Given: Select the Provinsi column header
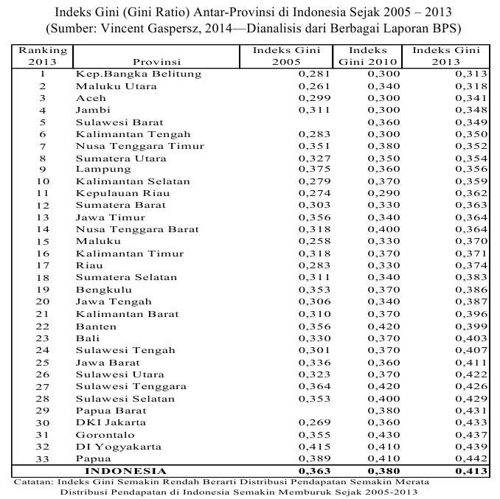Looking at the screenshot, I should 156,62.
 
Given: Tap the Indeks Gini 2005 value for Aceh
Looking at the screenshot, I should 314,98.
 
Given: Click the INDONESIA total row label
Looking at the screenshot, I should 126,470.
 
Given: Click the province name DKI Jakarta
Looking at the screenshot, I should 111,422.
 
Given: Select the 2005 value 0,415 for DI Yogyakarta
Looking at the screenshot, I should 314,446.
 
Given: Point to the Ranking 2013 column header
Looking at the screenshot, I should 43,56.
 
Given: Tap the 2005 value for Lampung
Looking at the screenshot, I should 314,170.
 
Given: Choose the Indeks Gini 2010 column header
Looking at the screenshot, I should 368,56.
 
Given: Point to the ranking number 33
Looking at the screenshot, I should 43,458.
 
